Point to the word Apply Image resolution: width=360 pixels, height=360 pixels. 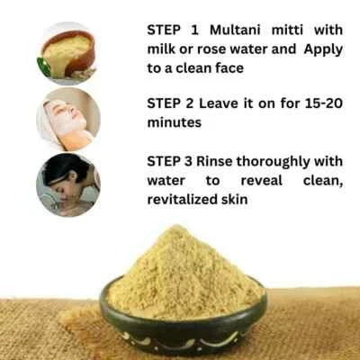click(322, 49)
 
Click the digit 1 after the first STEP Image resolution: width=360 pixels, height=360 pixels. click(192, 29)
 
